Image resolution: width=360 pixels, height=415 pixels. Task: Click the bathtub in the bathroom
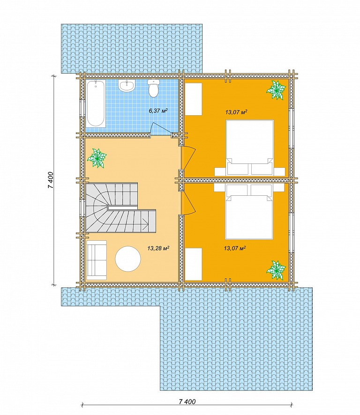pos(95,104)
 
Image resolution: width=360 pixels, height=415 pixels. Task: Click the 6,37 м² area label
pos(159,111)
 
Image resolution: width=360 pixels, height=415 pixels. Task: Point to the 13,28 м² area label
pos(158,248)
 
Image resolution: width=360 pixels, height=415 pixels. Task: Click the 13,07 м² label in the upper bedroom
pos(236,112)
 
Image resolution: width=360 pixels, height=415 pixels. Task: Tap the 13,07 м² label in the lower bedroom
pos(235,248)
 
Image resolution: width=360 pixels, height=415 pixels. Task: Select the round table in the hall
pos(128,259)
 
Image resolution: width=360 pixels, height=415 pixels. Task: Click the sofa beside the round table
pos(97,260)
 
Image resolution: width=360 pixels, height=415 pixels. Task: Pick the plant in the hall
pos(97,158)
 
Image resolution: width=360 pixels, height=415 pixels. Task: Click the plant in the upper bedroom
pos(276,90)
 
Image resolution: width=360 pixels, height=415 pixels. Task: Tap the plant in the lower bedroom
pos(276,270)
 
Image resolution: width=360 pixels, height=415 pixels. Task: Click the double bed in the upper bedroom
pos(249,148)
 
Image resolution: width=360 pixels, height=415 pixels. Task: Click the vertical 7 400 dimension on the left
pos(51,180)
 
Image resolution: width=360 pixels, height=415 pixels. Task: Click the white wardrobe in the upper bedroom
pos(194,99)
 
